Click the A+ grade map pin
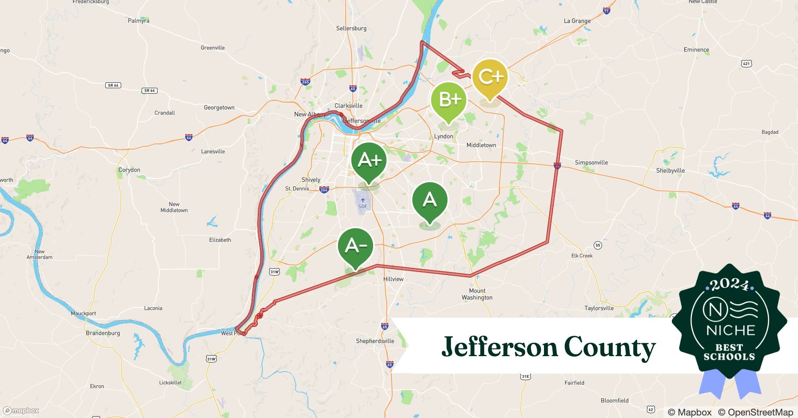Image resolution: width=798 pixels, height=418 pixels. (x=369, y=161)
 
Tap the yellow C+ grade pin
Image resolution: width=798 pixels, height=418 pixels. (x=490, y=77)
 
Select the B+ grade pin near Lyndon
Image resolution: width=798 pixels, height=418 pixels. (x=449, y=100)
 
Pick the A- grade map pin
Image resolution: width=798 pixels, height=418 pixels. (x=356, y=246)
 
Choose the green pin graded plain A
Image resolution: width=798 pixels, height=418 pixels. (x=429, y=201)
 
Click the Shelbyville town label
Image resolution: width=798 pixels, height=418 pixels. (x=670, y=171)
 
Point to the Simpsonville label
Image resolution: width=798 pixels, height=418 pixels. (x=591, y=163)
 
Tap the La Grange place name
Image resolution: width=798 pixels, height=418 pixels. (x=577, y=21)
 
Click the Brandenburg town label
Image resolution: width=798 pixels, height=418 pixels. (x=103, y=333)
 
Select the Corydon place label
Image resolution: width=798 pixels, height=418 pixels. (x=129, y=170)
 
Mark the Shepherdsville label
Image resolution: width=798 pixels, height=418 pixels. (x=375, y=341)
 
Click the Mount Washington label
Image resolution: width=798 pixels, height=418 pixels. (x=477, y=294)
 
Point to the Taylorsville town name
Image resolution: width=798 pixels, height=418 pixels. (x=599, y=308)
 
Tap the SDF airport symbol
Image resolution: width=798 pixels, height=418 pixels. (x=363, y=201)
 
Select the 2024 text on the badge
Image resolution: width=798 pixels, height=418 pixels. (x=729, y=285)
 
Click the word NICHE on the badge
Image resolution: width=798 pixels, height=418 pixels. (x=731, y=331)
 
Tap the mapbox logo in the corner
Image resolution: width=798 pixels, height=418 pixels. (x=21, y=411)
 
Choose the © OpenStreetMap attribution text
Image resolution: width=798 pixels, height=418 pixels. (x=755, y=412)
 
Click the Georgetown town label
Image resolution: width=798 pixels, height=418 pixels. (x=219, y=107)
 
